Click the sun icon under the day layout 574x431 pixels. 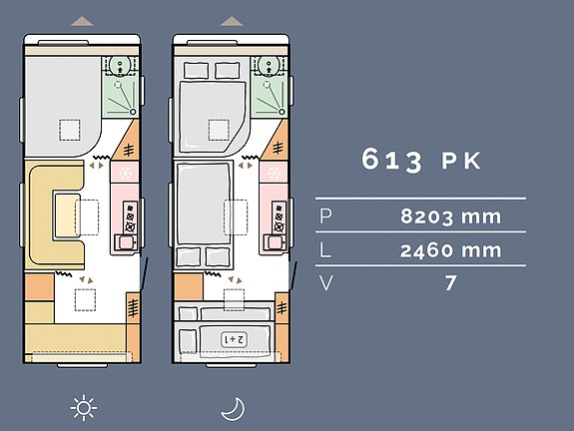(x=84, y=408)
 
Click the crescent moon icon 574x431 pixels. (x=234, y=409)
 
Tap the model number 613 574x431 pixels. (x=391, y=160)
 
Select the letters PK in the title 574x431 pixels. (x=461, y=161)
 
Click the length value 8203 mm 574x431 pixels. (x=450, y=216)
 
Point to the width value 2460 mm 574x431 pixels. (x=450, y=250)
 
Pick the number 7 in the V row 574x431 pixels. (x=450, y=282)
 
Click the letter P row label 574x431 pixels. (x=325, y=215)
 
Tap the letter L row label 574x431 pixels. (x=325, y=250)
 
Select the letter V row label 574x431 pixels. (x=326, y=282)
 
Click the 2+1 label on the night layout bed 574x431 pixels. (x=234, y=339)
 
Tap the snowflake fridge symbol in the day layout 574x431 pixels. (x=125, y=173)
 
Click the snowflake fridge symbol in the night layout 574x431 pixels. (x=275, y=173)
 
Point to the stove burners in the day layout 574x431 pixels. (x=130, y=216)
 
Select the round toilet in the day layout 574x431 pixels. (x=120, y=66)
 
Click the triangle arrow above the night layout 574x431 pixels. (x=232, y=21)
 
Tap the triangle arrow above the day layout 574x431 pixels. (x=82, y=21)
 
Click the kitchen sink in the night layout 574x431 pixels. (x=275, y=242)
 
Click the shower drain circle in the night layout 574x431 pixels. (x=282, y=112)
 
